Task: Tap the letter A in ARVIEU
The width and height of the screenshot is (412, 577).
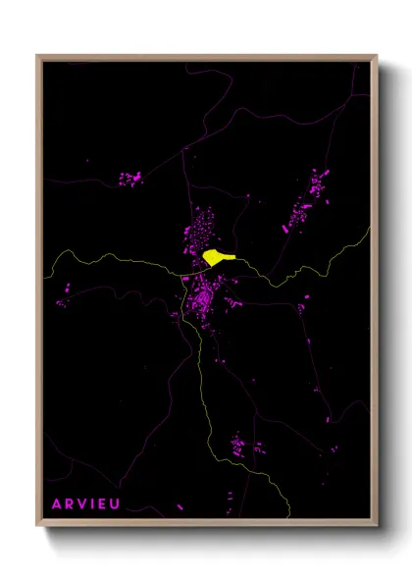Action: [57, 503]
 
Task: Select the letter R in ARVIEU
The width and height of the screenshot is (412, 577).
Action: [71, 503]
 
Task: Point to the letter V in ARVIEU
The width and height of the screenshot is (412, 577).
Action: [84, 503]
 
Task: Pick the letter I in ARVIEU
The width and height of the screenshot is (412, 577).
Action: [95, 503]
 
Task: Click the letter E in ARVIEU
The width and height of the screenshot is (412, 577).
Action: [105, 503]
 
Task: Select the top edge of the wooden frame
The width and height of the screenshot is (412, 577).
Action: [206, 58]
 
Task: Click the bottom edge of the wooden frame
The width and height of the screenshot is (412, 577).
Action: [206, 525]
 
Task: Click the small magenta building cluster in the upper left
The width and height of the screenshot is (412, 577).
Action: [129, 180]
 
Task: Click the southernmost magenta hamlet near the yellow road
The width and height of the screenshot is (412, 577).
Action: [241, 448]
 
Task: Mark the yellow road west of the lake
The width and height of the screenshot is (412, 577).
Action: [118, 259]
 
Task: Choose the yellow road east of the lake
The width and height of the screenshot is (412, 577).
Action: [294, 275]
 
